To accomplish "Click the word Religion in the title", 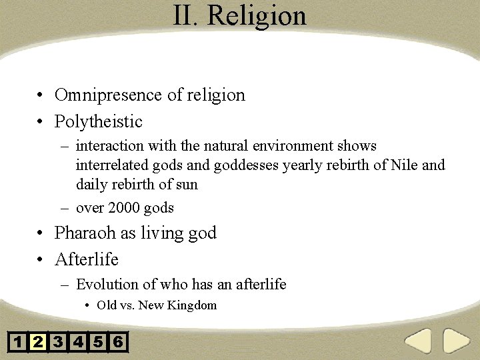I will point(257,16).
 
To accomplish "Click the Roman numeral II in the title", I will point(185,15).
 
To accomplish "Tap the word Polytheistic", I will point(99,122).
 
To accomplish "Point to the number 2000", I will point(124,208).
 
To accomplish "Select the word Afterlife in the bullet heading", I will point(87,259).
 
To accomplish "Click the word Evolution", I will point(107,285).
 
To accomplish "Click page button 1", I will point(18,343).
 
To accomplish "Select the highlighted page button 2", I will point(38,343).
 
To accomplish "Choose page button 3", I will point(58,343).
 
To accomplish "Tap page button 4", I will point(78,343).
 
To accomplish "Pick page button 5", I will point(98,343).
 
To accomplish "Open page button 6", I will point(118,343).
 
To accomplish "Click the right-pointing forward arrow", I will point(457,342).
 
